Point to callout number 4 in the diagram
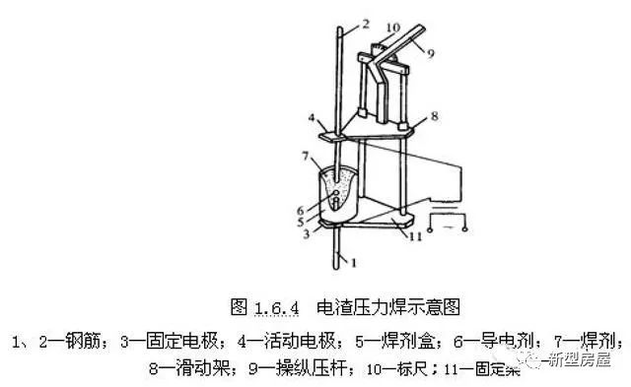point(311,120)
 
